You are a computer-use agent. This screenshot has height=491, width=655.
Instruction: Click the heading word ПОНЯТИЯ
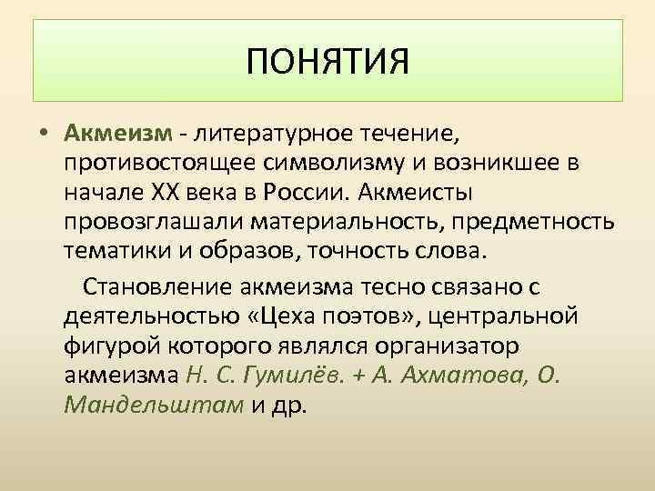coord(328,63)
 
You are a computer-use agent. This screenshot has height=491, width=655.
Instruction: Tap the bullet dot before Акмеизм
coord(44,135)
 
